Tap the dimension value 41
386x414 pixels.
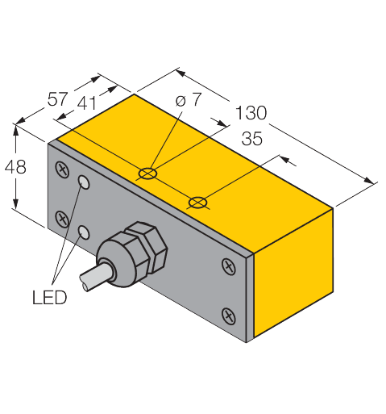coord(89,104)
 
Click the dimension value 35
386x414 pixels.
coord(251,139)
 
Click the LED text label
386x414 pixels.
coord(49,297)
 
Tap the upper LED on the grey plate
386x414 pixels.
coord(83,184)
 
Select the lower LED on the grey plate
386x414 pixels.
coord(82,232)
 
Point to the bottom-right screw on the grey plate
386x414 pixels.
coord(228,313)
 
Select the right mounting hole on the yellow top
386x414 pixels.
coord(196,200)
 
